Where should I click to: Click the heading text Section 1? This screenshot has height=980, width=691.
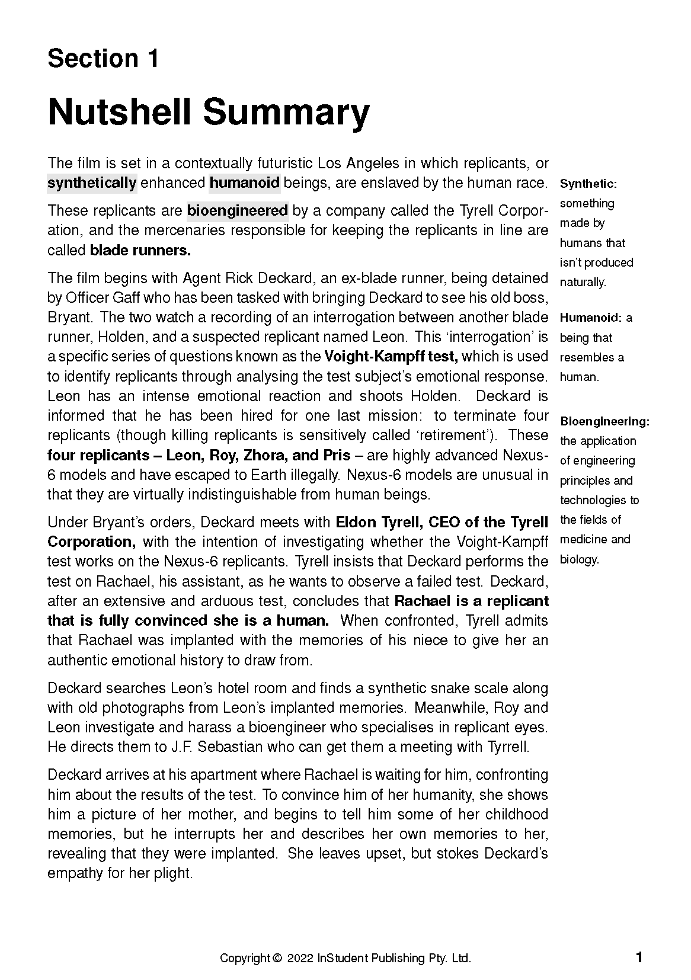pyautogui.click(x=103, y=58)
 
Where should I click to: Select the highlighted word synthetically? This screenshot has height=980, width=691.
pyautogui.click(x=92, y=182)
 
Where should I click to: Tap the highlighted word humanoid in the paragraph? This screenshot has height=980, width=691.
pyautogui.click(x=244, y=182)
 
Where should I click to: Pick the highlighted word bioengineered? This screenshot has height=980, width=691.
pyautogui.click(x=238, y=210)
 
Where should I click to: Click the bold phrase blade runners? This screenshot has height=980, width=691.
pyautogui.click(x=140, y=250)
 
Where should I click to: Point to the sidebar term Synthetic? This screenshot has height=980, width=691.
pyautogui.click(x=588, y=184)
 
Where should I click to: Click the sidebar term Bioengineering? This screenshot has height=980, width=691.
pyautogui.click(x=605, y=422)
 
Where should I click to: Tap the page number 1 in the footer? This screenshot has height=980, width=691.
pyautogui.click(x=639, y=957)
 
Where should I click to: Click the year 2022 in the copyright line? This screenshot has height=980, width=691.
pyautogui.click(x=300, y=958)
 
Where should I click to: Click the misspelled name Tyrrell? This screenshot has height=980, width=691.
pyautogui.click(x=507, y=747)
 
